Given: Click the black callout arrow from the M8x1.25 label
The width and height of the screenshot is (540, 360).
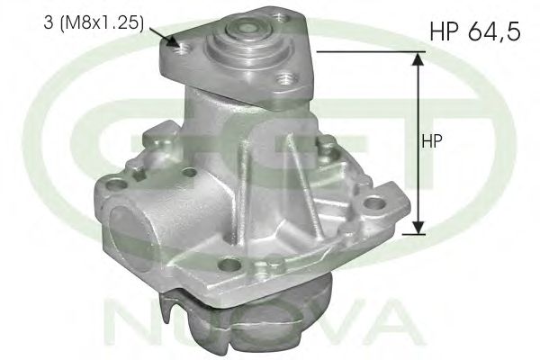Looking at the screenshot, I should [166, 36].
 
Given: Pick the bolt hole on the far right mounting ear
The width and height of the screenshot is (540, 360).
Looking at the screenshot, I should [371, 206].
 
